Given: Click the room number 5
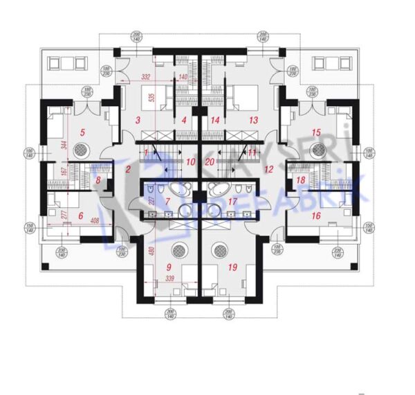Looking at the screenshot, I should click(x=82, y=132).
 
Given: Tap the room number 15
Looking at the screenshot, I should click(x=316, y=132).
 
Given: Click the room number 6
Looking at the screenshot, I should click(x=81, y=216).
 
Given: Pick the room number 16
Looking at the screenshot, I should click(x=317, y=216).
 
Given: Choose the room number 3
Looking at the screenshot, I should click(x=138, y=121).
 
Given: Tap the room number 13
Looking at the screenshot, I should click(x=253, y=121).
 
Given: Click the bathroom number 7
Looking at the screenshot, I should click(x=166, y=202).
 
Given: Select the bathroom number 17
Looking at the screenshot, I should click(x=233, y=202).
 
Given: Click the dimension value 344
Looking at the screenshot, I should click(x=63, y=146).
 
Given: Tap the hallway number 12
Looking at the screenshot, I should click(x=269, y=168).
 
